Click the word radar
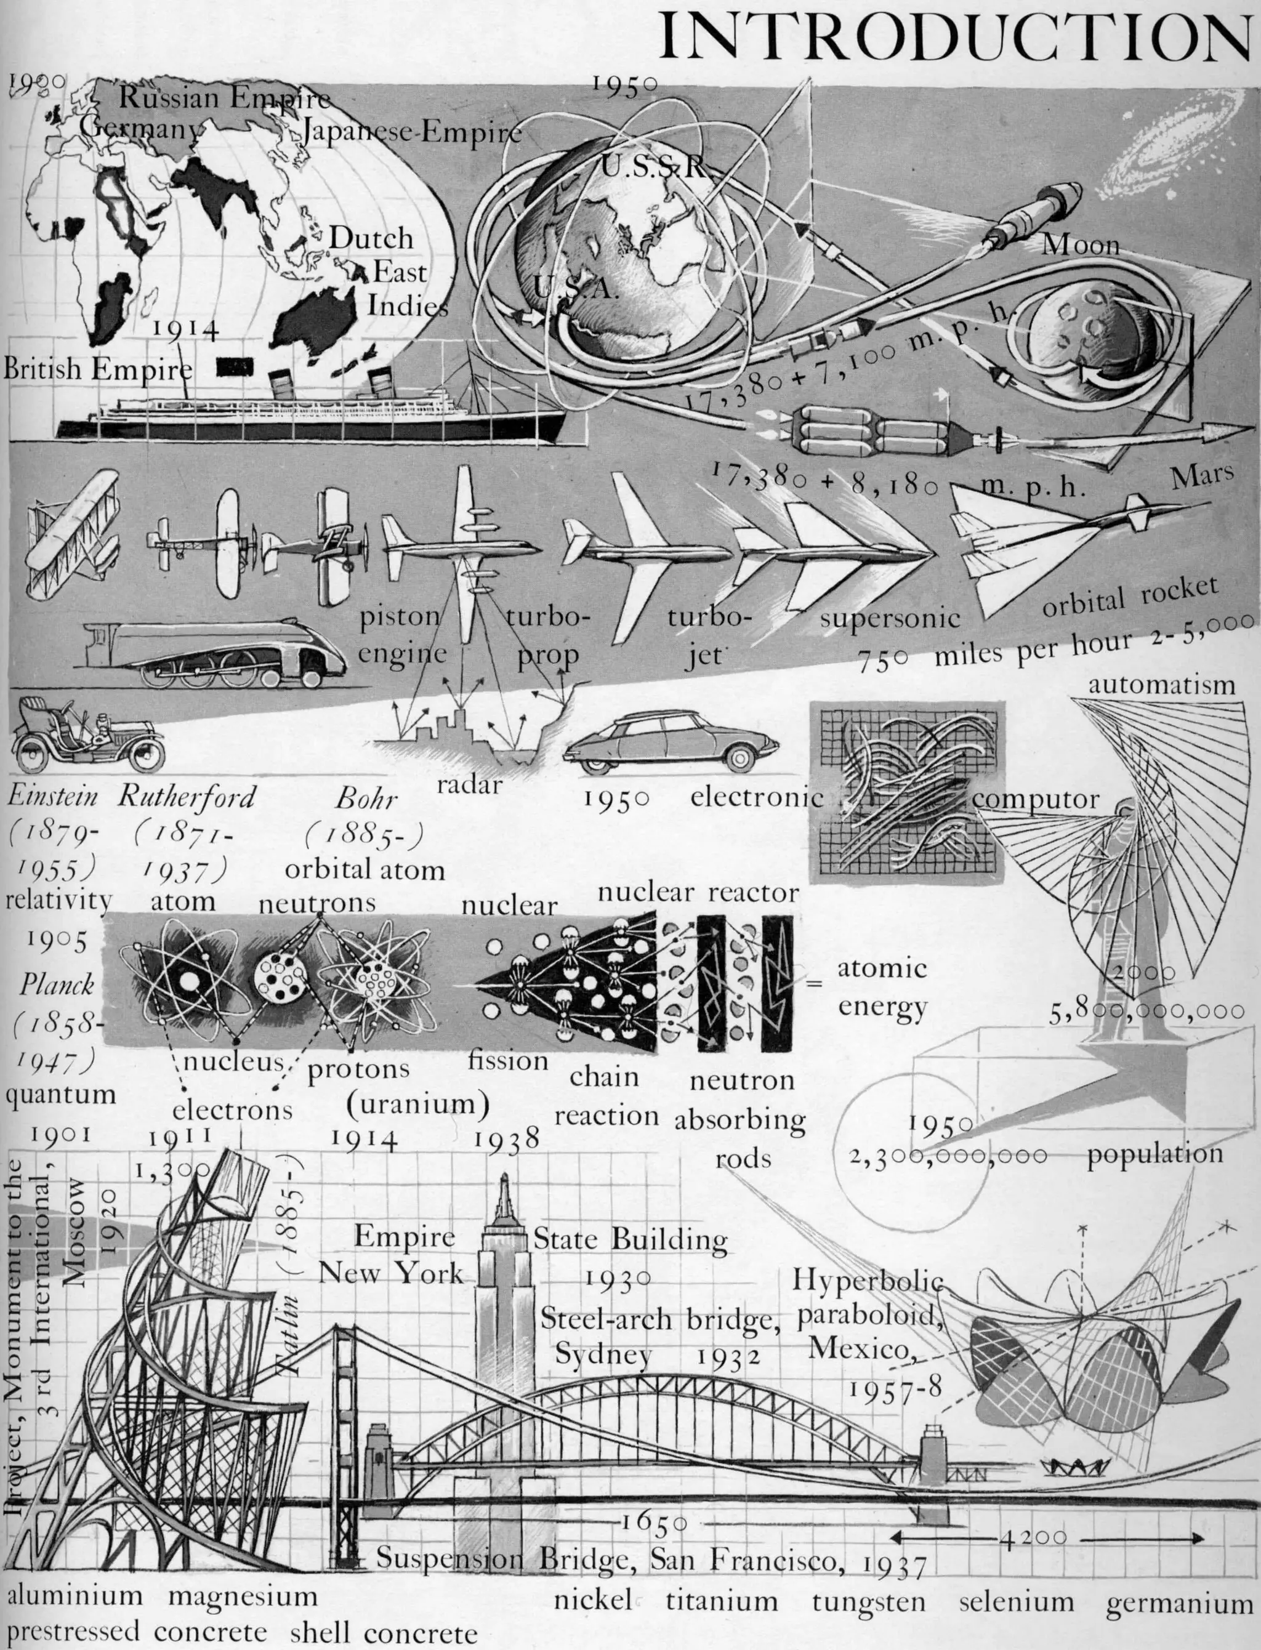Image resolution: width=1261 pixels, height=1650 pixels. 469,785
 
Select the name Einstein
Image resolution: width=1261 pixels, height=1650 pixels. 52,796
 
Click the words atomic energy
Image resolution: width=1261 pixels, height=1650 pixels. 882,987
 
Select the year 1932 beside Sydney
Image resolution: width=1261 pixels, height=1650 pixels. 728,1356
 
